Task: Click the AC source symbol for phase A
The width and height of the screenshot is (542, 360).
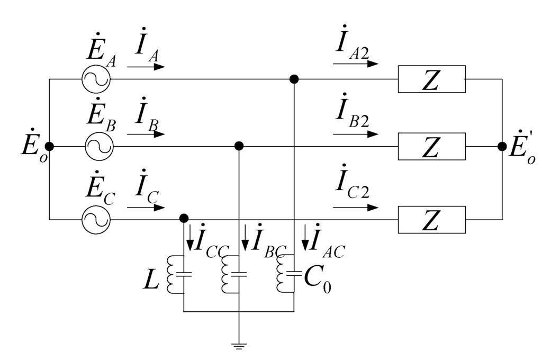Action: click(x=96, y=79)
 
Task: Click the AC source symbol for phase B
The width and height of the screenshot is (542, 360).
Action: click(x=99, y=146)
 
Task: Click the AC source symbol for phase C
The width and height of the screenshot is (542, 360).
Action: click(x=96, y=219)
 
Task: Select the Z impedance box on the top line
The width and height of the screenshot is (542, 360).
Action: click(x=431, y=79)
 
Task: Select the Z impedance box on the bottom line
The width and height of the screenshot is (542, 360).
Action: click(x=431, y=219)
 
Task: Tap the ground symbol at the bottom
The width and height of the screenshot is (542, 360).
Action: click(x=239, y=347)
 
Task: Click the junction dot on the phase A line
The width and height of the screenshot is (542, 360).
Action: click(x=294, y=79)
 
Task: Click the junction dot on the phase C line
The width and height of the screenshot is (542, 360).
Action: click(x=184, y=218)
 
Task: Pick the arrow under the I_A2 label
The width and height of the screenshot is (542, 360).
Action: click(x=356, y=64)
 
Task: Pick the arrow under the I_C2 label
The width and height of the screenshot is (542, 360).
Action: click(x=356, y=207)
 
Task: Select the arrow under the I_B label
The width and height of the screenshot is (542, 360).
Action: click(x=146, y=134)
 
